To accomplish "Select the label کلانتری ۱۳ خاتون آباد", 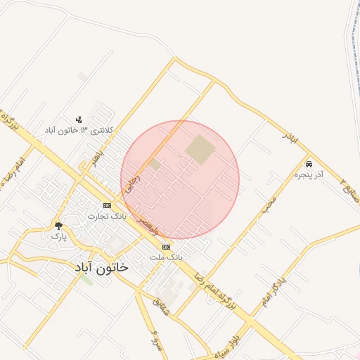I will (79, 131).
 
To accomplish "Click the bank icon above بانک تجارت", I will (107, 205).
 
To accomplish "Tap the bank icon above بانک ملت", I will (166, 247).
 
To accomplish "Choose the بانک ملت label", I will (166, 257).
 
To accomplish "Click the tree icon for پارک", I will (58, 226).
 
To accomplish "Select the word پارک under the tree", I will (58, 236).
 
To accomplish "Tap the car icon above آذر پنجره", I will (309, 163).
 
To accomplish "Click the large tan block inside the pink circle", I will (200, 150).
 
